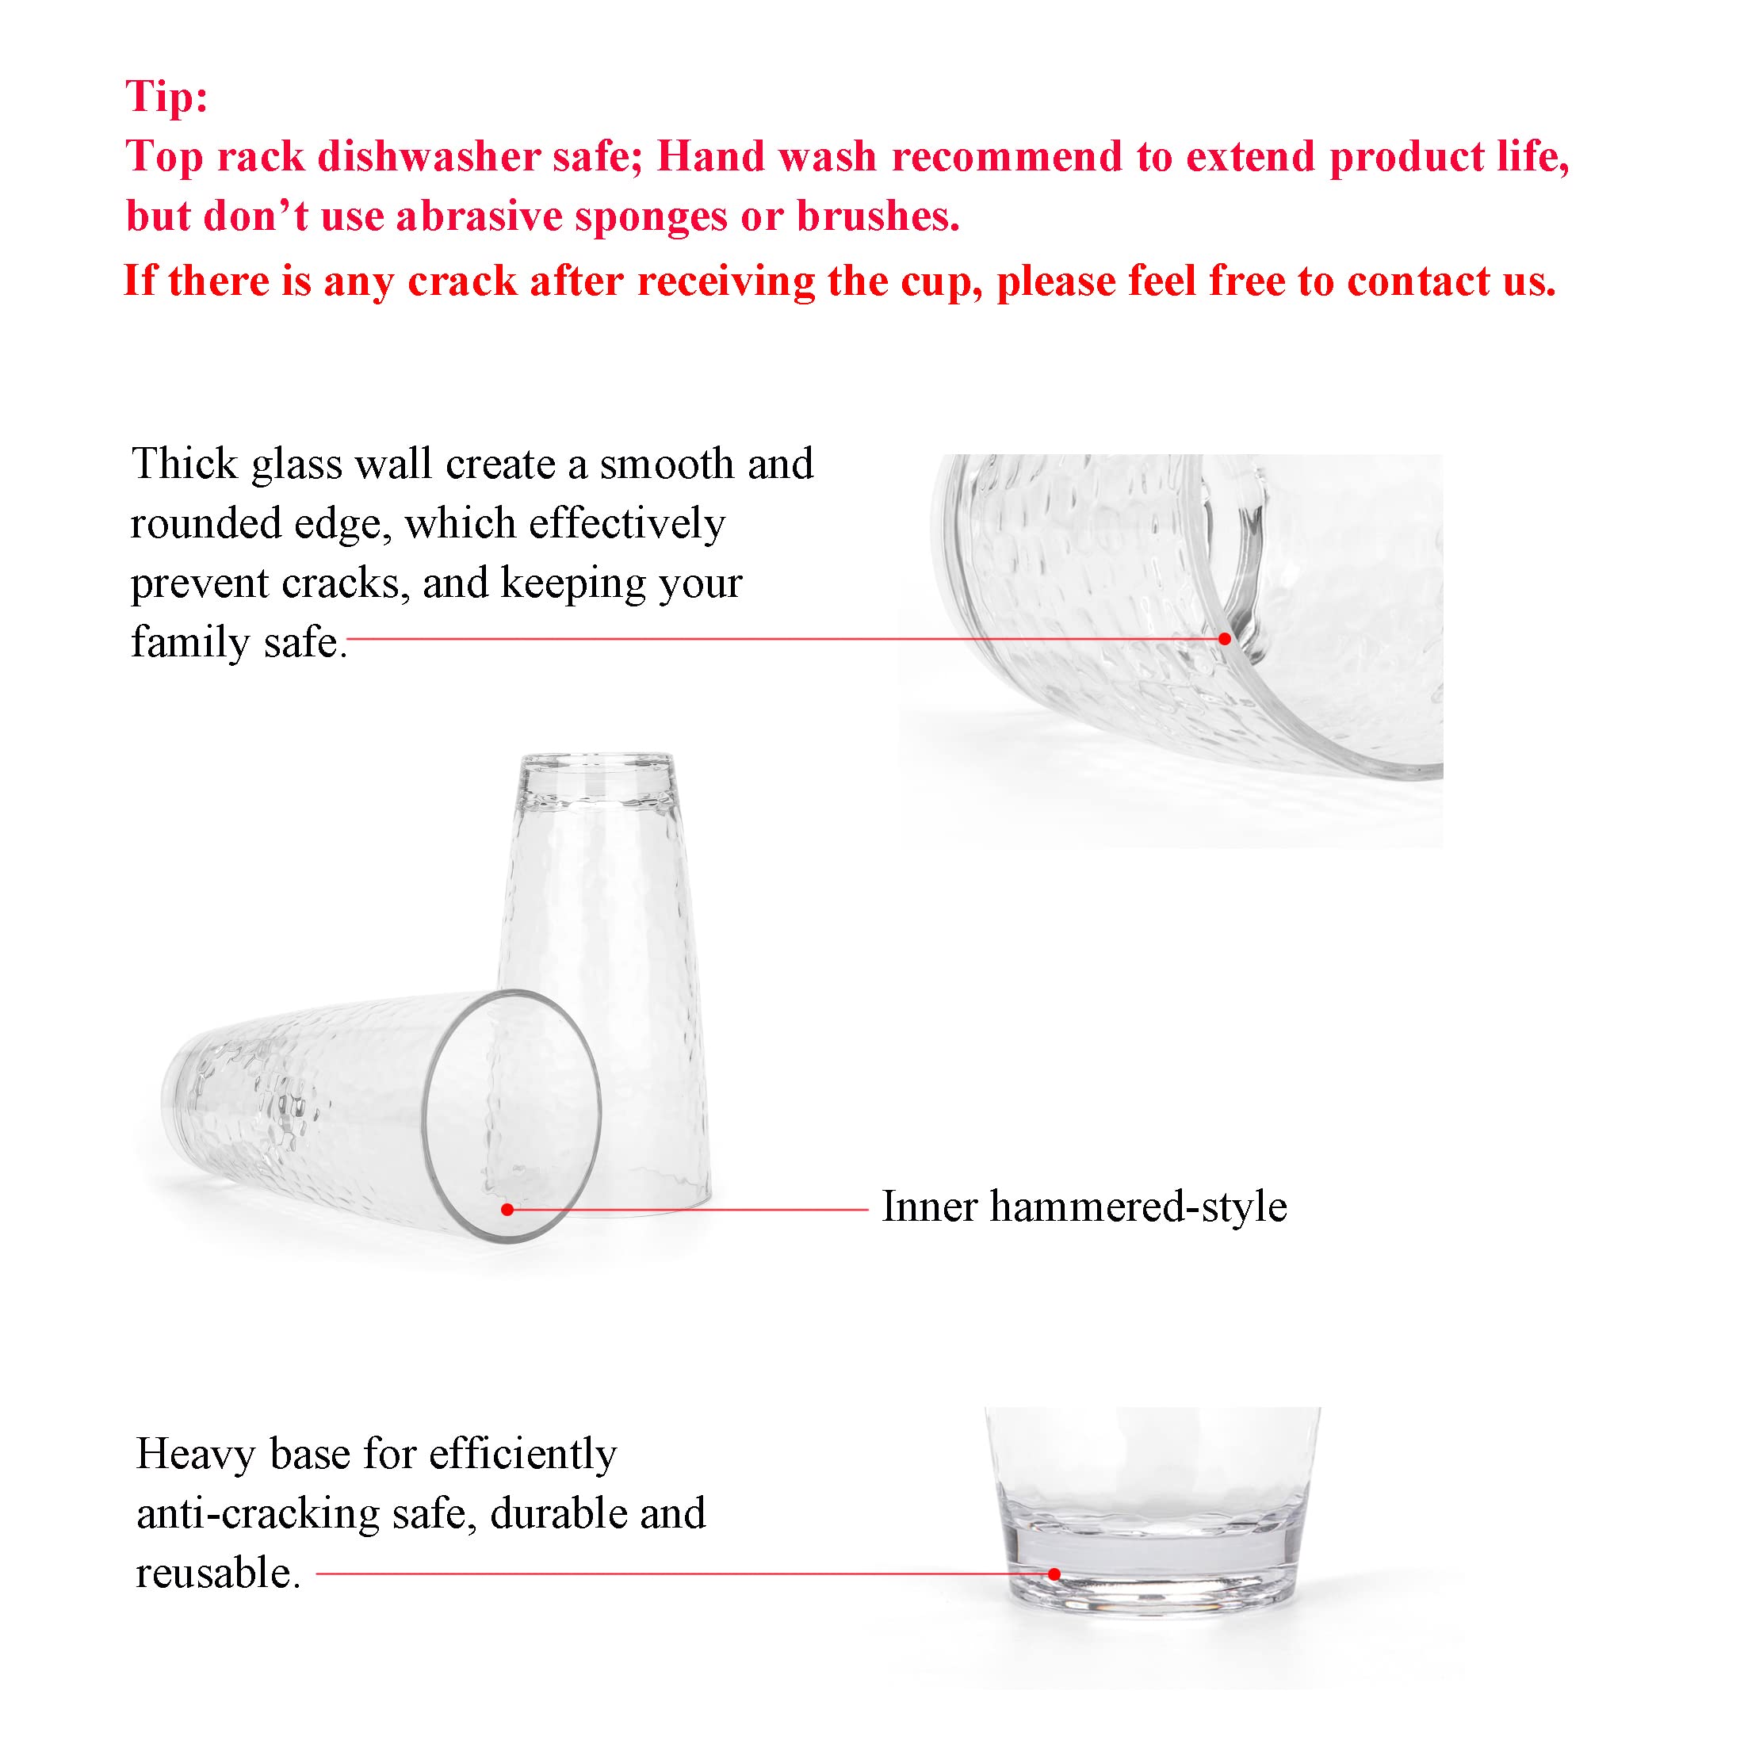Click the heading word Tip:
click(166, 96)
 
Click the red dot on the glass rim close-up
click(1224, 638)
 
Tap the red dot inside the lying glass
click(507, 1209)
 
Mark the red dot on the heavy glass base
click(1054, 1574)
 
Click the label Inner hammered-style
click(1083, 1207)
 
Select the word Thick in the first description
click(184, 464)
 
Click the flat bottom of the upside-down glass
click(597, 763)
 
